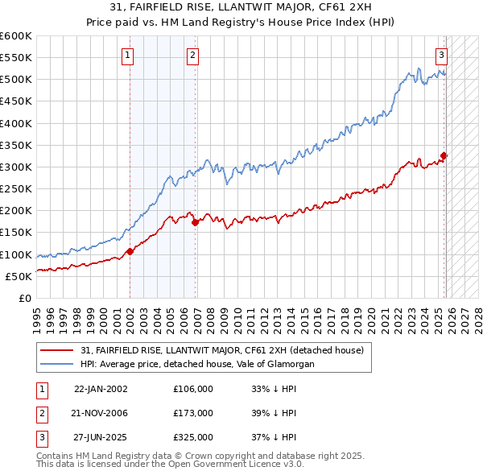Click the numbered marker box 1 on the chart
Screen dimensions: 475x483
pyautogui.click(x=128, y=56)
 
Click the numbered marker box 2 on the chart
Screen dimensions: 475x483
pyautogui.click(x=193, y=56)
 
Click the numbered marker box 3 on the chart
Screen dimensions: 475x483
pyautogui.click(x=442, y=56)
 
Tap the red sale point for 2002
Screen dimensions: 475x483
pyautogui.click(x=130, y=251)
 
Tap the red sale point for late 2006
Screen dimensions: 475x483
pyautogui.click(x=196, y=222)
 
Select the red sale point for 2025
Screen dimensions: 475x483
pyautogui.click(x=444, y=155)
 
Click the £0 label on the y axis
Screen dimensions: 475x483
pyautogui.click(x=24, y=298)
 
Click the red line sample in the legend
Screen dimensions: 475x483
pyautogui.click(x=56, y=350)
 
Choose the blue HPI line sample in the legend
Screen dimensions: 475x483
pyautogui.click(x=56, y=364)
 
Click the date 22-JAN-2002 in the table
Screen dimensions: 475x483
pyautogui.click(x=101, y=388)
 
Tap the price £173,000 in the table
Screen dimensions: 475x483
pyautogui.click(x=193, y=413)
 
